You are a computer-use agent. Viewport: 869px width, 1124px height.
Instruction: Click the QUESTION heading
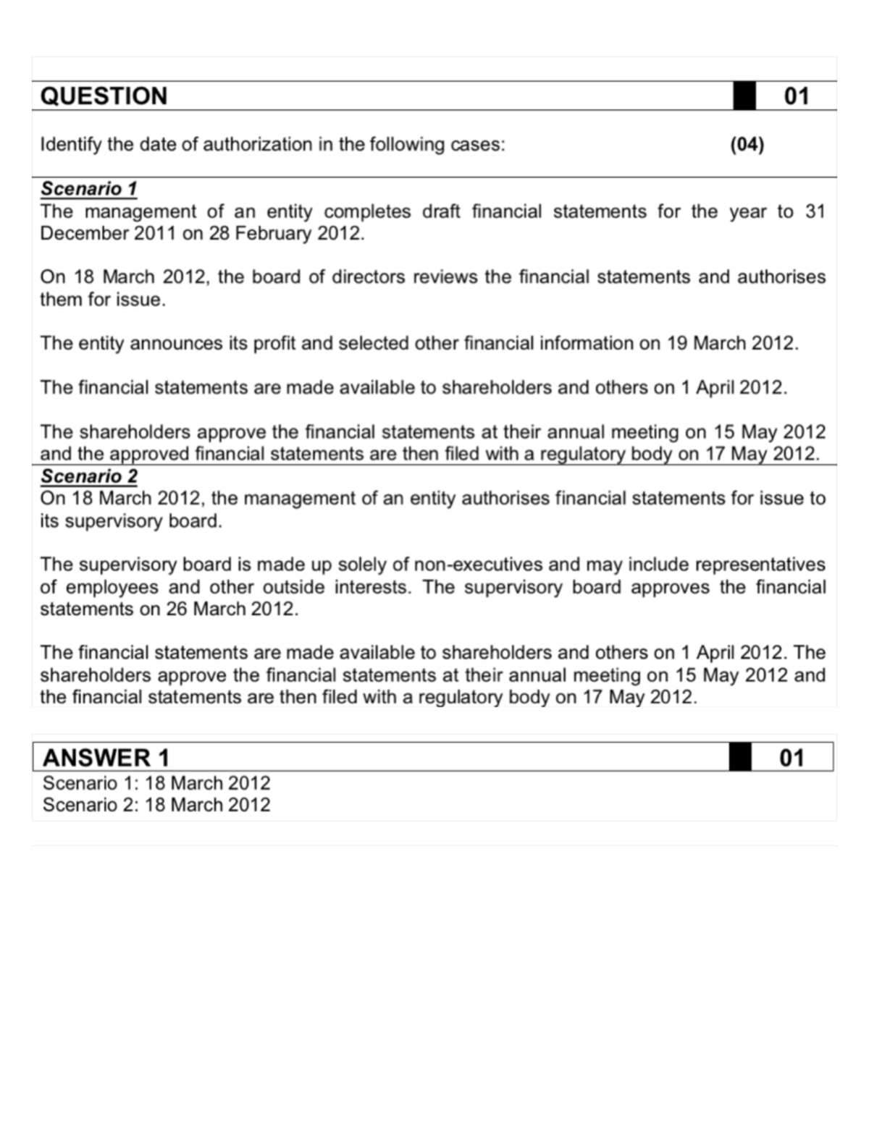coord(104,96)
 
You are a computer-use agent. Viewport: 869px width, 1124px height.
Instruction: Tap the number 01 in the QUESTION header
coord(797,96)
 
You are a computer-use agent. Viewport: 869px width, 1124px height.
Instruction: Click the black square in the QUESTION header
coord(744,96)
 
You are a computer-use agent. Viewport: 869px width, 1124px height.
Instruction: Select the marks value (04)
coord(747,145)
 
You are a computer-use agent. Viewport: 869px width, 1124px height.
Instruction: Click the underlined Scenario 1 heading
coord(88,189)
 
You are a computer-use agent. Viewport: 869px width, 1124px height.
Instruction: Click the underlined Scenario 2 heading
coord(88,476)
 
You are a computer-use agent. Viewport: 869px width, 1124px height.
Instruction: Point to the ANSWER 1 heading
coord(106,758)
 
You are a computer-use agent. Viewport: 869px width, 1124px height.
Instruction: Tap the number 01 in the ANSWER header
coord(792,758)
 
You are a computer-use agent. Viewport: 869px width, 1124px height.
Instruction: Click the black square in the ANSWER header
coord(740,758)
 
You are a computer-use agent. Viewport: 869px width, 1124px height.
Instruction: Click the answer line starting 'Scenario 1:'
coord(156,783)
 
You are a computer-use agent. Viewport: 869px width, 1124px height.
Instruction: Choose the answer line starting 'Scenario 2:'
coord(156,805)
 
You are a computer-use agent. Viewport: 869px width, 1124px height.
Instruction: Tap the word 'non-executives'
coord(481,565)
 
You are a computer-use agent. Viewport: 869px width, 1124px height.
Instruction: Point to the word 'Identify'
coord(70,145)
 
